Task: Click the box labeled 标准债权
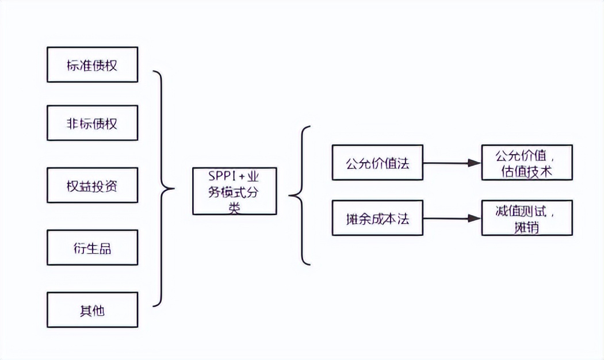coord(92,64)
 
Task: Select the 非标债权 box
coord(92,123)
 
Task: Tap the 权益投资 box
coord(92,185)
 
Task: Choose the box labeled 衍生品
coord(92,247)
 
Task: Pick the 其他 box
coord(92,310)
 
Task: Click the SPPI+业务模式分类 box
coord(234,191)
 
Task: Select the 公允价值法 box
coord(377,162)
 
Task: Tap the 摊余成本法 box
coord(377,218)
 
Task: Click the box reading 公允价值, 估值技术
coord(527,162)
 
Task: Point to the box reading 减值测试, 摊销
coord(527,218)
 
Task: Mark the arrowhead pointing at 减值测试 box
coord(475,219)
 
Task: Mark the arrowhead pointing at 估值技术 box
coord(475,163)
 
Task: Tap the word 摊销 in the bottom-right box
coord(527,228)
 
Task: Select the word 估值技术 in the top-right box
coord(527,172)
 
